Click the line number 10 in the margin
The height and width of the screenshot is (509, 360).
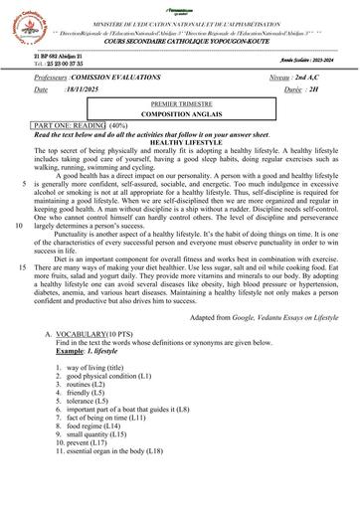(x=20, y=225)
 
